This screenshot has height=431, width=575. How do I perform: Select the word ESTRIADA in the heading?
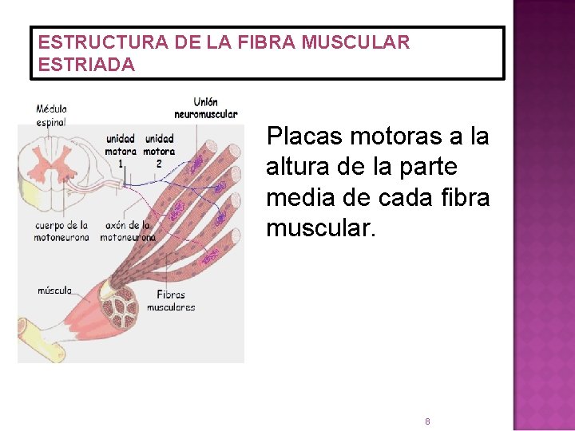tap(87, 65)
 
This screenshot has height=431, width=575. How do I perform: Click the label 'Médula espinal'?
tap(51, 116)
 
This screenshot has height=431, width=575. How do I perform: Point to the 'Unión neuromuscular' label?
tap(205, 108)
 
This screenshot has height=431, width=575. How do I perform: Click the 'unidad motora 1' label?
tap(121, 149)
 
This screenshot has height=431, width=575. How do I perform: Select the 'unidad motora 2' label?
tap(159, 149)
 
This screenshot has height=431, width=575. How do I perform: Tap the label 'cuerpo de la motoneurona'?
tap(61, 231)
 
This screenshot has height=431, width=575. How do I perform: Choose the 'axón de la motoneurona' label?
tap(128, 231)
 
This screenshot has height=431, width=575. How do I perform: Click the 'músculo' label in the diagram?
tap(54, 291)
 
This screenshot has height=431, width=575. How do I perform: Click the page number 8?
tap(427, 421)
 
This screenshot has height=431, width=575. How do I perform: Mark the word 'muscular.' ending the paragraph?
tap(319, 227)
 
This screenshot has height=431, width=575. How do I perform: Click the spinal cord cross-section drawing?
tap(51, 167)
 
